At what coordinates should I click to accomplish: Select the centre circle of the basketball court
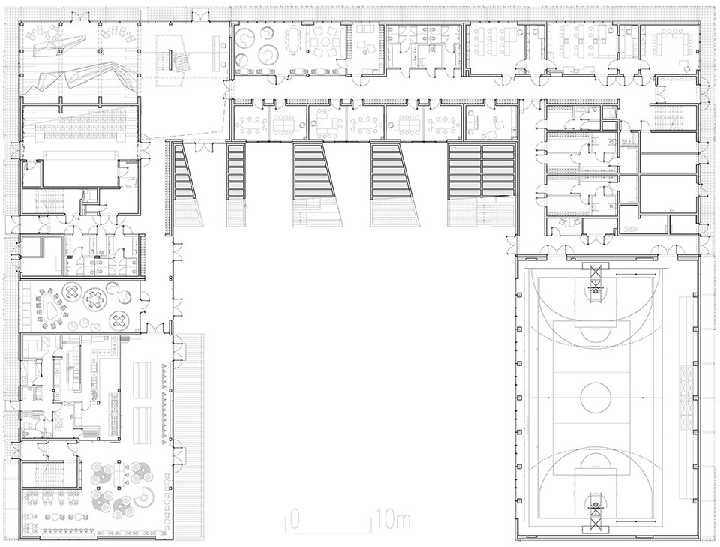(x=595, y=397)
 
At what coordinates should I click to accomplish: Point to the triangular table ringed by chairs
(x=50, y=314)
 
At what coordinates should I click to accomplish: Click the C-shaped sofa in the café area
(x=146, y=494)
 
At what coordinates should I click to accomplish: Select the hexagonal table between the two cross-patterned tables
(x=95, y=299)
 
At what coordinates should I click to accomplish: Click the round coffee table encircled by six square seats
(x=325, y=42)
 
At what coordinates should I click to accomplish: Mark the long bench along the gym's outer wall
(x=684, y=331)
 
